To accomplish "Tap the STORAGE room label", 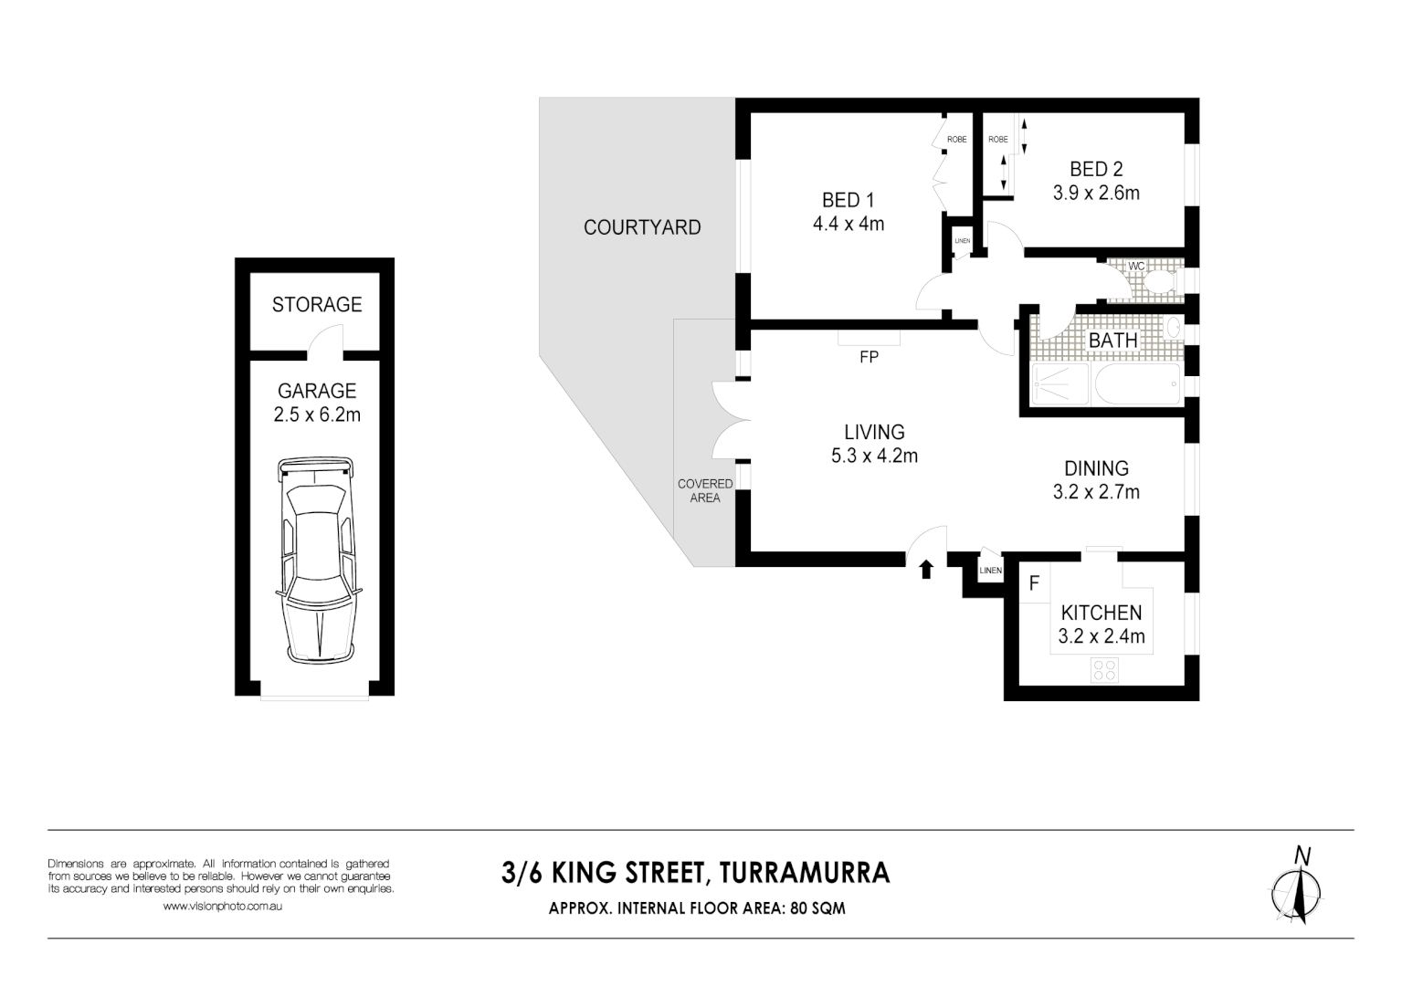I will (317, 305).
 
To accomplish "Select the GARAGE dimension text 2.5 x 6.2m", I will (317, 415).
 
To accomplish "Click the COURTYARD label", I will (642, 227).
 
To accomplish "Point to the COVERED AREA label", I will (704, 490).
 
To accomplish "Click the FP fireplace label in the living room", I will (869, 358).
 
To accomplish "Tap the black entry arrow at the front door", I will (926, 570).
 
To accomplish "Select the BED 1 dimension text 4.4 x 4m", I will (849, 224).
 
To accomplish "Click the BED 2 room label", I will (1096, 169).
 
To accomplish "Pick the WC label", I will (1136, 266).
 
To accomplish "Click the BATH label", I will (1112, 341).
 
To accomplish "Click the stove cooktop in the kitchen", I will (1104, 670).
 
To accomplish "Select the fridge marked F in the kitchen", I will (1034, 583).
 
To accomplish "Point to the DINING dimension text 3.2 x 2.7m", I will (1096, 492).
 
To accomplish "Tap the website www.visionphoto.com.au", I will (222, 907).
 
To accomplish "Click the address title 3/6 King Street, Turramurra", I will (695, 873).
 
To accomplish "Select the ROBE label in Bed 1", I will (956, 140).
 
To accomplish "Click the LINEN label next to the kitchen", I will (990, 571).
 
